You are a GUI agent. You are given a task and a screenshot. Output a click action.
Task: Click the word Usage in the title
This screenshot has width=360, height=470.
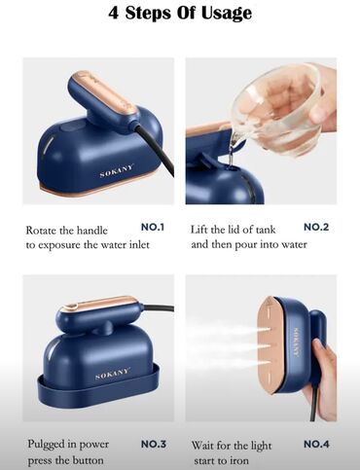pos(227,14)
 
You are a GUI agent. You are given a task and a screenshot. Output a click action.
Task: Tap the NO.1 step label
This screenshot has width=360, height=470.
pos(153,227)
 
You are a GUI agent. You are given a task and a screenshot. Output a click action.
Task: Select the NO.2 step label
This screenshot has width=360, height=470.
pos(316,227)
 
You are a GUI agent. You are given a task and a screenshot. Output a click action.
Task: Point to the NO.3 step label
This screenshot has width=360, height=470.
pos(154,444)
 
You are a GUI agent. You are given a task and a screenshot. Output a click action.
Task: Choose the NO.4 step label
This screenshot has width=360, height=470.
pos(316,444)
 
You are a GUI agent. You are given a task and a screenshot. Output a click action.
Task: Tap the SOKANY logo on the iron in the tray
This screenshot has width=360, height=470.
pos(113,374)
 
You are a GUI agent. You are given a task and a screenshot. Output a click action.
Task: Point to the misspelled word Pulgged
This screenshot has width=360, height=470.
pos(47,445)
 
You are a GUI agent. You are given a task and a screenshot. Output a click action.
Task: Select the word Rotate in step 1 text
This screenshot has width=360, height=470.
pos(41,231)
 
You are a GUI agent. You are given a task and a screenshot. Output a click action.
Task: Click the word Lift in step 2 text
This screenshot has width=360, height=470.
pos(198,230)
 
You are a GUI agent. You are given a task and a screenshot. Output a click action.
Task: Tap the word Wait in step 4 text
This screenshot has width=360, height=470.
pos(202,445)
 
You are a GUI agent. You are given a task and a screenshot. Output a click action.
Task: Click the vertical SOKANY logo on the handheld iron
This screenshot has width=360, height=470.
pos(296,343)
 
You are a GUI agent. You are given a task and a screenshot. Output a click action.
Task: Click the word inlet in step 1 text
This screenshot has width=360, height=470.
pos(139,244)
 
